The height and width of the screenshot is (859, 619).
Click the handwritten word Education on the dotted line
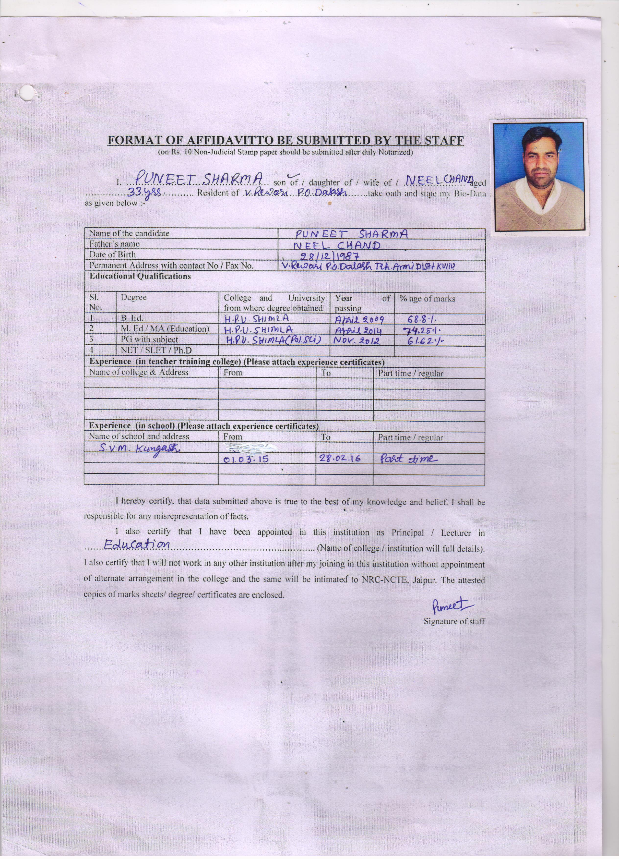(137, 545)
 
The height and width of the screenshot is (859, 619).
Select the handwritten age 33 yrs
(145, 193)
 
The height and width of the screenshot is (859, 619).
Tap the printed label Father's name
(114, 244)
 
